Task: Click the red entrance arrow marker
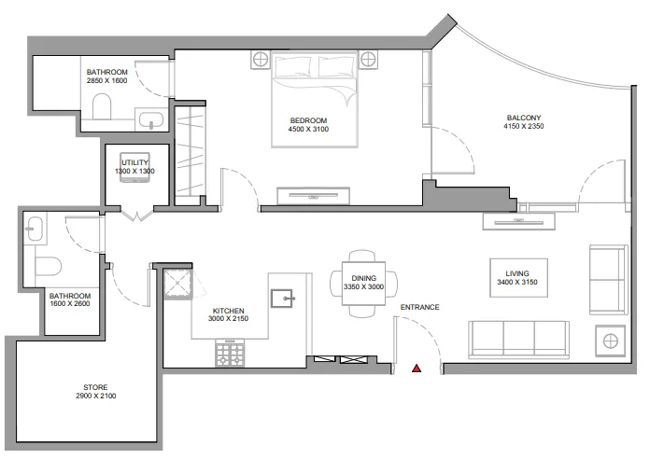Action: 417,370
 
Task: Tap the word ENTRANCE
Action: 419,307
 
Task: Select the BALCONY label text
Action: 523,118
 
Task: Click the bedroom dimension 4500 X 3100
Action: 307,130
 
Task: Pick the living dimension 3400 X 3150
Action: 516,283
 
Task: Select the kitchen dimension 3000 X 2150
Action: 229,319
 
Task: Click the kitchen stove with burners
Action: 230,352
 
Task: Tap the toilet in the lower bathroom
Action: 47,266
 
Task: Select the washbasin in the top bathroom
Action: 149,119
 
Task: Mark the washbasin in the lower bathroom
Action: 35,226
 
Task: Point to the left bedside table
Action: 260,61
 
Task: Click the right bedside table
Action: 368,61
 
